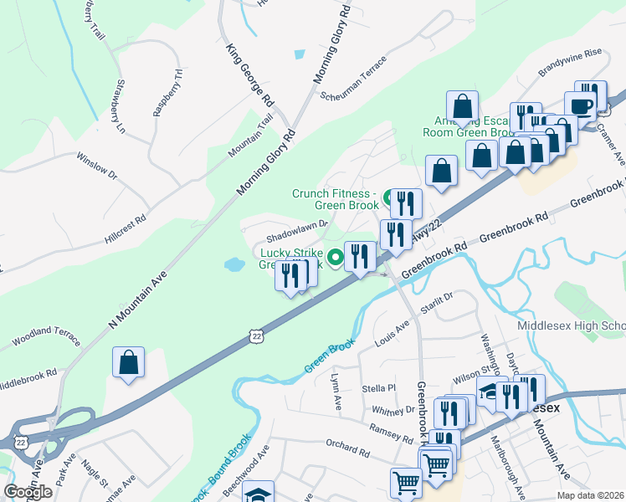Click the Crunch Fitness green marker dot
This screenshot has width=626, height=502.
pos(388,198)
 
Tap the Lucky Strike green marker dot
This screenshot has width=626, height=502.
pos(335,258)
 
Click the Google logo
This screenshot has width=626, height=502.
pos(28,492)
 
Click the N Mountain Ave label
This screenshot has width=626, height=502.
pos(138,300)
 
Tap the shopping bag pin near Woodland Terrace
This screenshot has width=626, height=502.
pos(129,363)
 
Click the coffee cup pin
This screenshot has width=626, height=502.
pos(581,106)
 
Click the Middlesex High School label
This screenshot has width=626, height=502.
pos(572,325)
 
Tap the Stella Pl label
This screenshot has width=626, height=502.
pos(379,388)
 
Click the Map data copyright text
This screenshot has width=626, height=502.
pos(590,495)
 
